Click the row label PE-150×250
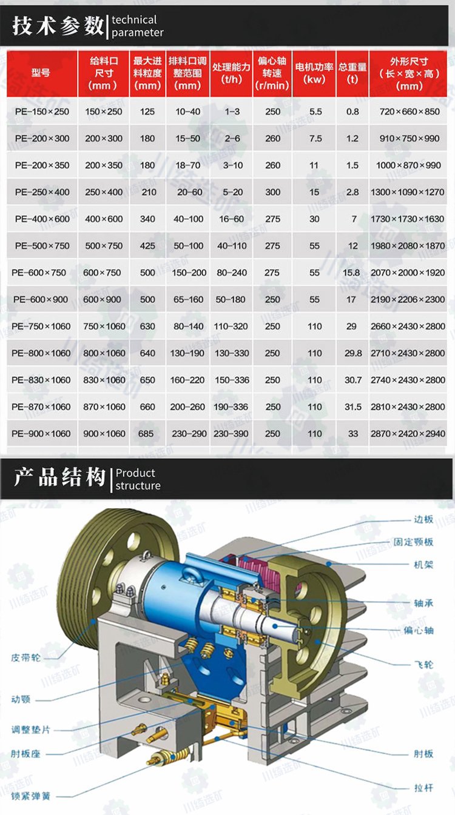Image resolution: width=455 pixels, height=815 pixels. coord(42,111)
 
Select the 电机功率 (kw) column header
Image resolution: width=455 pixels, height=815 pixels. coord(314,73)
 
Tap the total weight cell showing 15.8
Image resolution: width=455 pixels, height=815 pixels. coord(351,273)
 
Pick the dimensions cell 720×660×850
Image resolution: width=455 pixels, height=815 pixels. coord(409,111)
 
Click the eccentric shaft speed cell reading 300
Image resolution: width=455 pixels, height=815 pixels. coord(273,192)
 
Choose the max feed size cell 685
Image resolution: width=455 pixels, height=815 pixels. coord(146,434)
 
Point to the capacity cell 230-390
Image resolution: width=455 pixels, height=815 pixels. coord(231,434)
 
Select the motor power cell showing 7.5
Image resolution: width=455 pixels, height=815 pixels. coord(315,139)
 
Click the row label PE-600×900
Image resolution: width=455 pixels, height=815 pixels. coord(41,299)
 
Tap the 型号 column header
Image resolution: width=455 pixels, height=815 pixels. coord(41,73)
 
